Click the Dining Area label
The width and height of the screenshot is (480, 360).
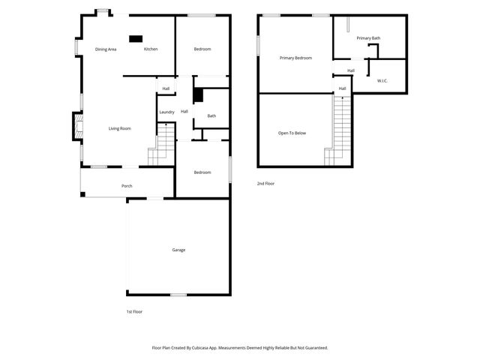(106, 49)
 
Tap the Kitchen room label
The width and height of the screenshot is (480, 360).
(151, 49)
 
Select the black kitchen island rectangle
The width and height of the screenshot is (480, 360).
(136, 39)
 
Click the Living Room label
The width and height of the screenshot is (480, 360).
(120, 128)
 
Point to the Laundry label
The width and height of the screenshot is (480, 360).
(166, 112)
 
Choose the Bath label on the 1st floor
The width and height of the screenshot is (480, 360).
(211, 115)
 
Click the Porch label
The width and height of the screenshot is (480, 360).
(127, 186)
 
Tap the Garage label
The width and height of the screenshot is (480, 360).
(178, 250)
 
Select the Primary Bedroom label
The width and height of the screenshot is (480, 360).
(295, 58)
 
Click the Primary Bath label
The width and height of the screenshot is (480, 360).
(368, 37)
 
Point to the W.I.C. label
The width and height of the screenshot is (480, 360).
(382, 80)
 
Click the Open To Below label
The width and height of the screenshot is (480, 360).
(292, 133)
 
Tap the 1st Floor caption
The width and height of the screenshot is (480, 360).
(134, 310)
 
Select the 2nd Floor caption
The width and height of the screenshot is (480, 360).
(265, 183)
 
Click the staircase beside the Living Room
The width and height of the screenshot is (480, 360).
(163, 144)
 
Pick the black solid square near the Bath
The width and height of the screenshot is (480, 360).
(199, 95)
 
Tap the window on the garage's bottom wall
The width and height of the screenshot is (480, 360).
(178, 295)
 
